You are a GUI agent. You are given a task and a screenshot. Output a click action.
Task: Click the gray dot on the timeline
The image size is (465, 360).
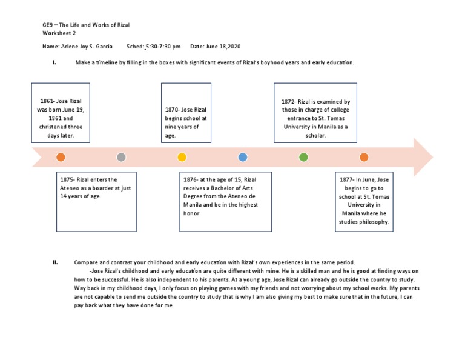click(x=121, y=158)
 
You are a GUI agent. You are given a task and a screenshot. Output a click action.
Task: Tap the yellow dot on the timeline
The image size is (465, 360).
click(x=182, y=158)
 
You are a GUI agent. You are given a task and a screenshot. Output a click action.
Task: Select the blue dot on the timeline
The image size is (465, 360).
click(x=243, y=158)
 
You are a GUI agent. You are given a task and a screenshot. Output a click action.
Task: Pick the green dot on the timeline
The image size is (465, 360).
click(x=303, y=158)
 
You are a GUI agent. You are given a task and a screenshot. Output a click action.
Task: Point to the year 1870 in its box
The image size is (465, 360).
click(x=173, y=110)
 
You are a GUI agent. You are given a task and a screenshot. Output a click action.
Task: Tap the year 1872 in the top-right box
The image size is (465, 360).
click(x=289, y=102)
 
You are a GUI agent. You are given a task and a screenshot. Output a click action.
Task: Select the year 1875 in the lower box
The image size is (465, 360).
click(x=67, y=179)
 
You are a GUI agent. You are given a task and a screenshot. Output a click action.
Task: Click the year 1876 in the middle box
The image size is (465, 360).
click(x=191, y=179)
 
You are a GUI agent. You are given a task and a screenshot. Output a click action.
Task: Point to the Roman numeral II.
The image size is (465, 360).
click(x=55, y=262)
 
